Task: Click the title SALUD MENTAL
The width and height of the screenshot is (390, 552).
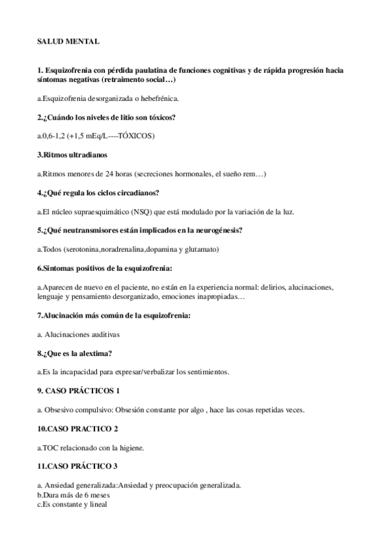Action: [x=68, y=41]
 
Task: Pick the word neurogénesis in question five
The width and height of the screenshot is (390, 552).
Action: [x=218, y=230]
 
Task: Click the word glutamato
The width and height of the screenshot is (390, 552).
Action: [x=201, y=249]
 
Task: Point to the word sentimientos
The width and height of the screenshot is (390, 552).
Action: [x=203, y=372]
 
